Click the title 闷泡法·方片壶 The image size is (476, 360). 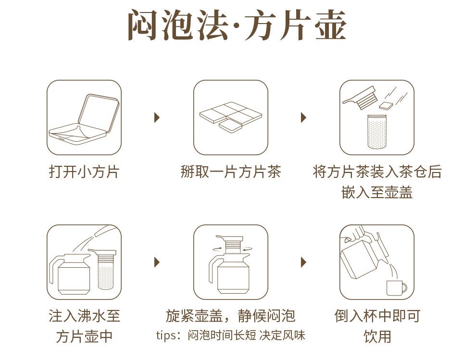click(237, 25)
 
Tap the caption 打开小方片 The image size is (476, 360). click(84, 172)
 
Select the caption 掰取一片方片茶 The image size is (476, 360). click(231, 172)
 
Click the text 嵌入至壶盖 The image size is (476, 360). click(377, 192)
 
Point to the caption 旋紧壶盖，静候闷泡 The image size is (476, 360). click(231, 316)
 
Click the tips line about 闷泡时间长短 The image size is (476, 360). click(231, 335)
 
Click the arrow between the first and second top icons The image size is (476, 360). click(157, 117)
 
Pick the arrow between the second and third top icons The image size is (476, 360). click(303, 117)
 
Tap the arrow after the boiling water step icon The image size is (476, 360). click(157, 262)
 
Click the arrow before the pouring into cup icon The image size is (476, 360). click(303, 262)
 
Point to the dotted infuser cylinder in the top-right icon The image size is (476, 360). click(377, 132)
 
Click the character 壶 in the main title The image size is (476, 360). click(331, 25)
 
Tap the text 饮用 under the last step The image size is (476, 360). click(377, 336)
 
